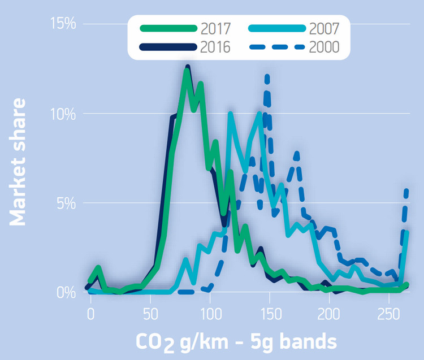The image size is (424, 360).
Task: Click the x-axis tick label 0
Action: (x=90, y=314)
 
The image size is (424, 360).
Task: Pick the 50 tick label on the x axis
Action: (x=150, y=314)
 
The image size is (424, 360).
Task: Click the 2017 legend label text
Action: (x=215, y=28)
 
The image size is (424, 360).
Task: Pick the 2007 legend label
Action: (x=324, y=28)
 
